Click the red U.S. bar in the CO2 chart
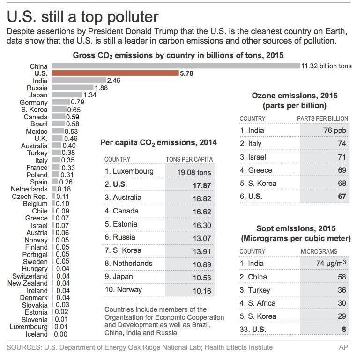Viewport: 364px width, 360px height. [115, 73]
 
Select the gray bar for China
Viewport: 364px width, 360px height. [175, 66]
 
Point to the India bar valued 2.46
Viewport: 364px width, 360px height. [79, 81]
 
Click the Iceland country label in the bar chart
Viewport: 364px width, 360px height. [37, 334]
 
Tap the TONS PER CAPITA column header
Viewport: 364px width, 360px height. [189, 159]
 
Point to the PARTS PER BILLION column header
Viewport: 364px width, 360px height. [322, 118]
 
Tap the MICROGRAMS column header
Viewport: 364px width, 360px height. [319, 251]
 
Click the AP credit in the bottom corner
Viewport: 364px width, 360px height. [343, 347]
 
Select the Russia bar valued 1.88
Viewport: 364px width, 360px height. [73, 88]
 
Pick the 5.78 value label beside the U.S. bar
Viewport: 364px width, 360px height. [187, 73]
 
